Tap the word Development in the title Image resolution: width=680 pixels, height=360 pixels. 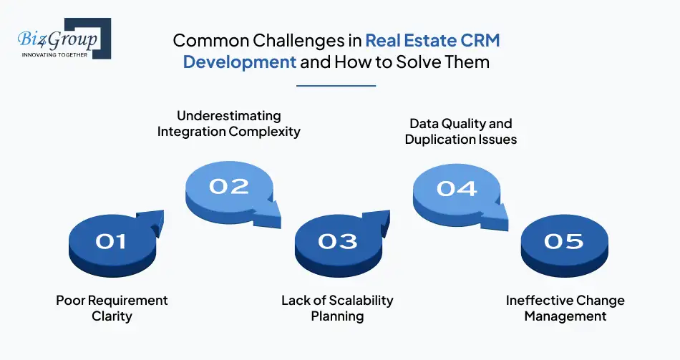click(239, 62)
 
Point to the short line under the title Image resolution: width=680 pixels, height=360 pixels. click(336, 85)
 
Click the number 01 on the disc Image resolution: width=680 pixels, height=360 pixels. click(111, 242)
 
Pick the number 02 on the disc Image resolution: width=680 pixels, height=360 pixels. click(229, 187)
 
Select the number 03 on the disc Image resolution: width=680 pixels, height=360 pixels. click(337, 241)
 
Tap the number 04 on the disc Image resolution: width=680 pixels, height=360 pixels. click(457, 188)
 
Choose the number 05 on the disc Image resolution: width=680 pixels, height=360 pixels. click(564, 242)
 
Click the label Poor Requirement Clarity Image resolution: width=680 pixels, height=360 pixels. click(112, 308)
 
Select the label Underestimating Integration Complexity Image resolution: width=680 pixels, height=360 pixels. click(229, 124)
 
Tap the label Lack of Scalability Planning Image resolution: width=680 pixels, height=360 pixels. click(337, 308)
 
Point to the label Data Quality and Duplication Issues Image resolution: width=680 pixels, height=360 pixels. click(460, 132)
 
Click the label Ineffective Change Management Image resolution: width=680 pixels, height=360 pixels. click(565, 308)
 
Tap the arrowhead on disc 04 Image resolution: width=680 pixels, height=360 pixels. click(498, 212)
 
